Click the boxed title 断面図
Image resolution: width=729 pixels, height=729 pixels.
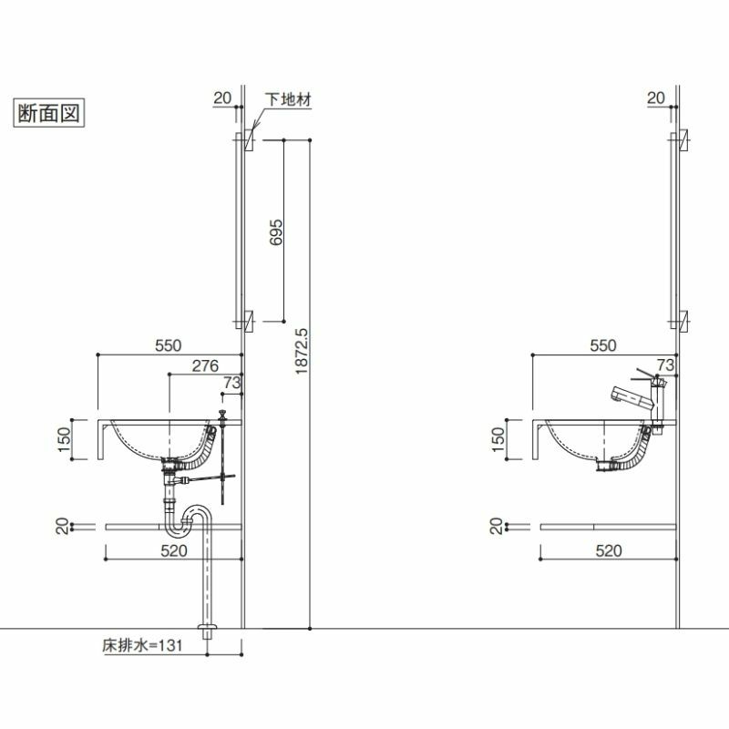(x=48, y=113)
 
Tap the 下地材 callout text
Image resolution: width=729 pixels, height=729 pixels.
(x=288, y=99)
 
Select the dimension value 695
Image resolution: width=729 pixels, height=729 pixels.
(x=276, y=232)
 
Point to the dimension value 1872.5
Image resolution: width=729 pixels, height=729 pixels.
(x=302, y=351)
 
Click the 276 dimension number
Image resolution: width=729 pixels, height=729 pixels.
(x=205, y=366)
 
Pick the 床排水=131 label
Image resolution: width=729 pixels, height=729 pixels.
(x=142, y=645)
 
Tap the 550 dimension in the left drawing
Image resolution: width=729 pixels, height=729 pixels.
(x=169, y=345)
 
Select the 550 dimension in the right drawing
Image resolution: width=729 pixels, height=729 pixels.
(x=603, y=345)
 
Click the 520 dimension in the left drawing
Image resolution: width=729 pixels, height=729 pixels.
(x=174, y=550)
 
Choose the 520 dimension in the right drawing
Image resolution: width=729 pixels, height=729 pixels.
(x=609, y=550)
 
